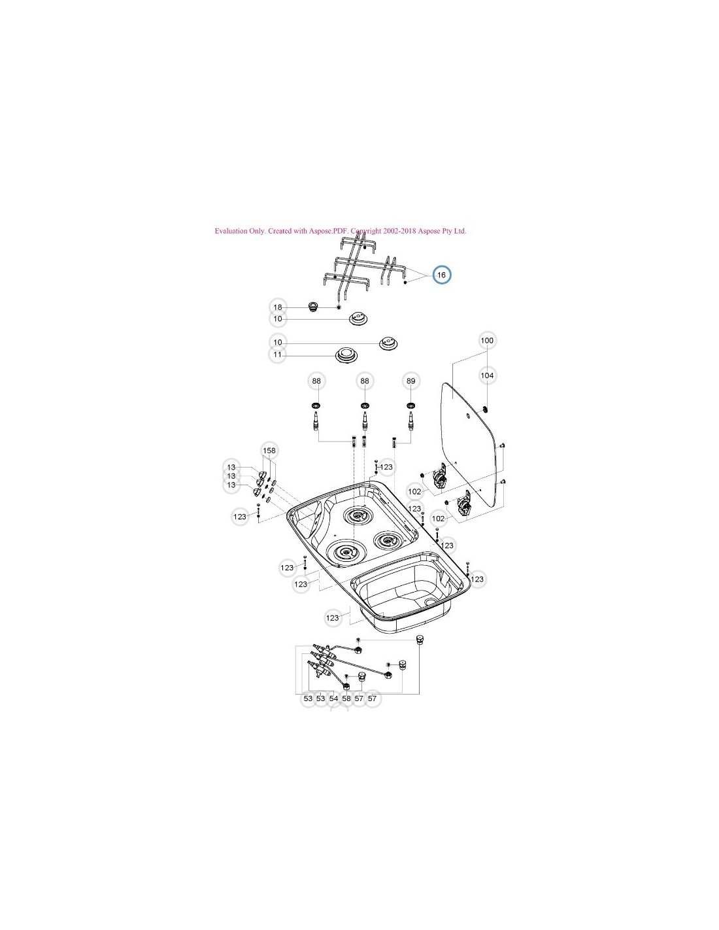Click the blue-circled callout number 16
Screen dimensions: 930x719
click(442, 275)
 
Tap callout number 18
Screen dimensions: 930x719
click(278, 307)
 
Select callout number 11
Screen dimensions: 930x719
click(278, 355)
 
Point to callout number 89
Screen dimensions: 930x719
click(410, 381)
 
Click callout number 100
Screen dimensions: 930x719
click(487, 341)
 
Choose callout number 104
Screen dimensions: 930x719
click(487, 375)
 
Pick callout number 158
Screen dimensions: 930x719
click(269, 451)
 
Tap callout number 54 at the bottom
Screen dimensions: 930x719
click(333, 698)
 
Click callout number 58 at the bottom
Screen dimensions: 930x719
click(346, 698)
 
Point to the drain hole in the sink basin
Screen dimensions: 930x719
click(429, 600)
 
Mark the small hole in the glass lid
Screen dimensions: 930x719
click(470, 417)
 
